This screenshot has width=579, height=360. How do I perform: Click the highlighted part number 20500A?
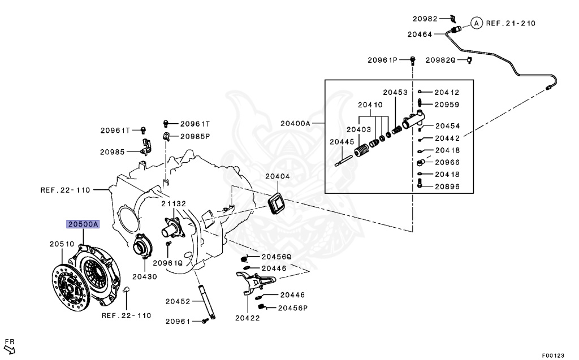(x=83, y=224)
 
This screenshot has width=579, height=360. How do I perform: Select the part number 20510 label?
(x=62, y=244)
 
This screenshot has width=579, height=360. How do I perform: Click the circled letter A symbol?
(x=476, y=23)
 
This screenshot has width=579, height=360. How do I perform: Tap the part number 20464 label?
(x=419, y=34)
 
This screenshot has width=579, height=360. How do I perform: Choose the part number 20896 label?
(x=447, y=186)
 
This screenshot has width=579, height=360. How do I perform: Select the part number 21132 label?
(x=173, y=203)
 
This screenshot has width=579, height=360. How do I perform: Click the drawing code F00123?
(x=553, y=355)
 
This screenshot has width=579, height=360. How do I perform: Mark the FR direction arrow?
(x=10, y=345)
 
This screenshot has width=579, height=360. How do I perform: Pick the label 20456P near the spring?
(x=293, y=308)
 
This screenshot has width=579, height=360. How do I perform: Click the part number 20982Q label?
(x=440, y=60)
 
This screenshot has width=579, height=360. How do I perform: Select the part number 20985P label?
(x=195, y=136)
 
